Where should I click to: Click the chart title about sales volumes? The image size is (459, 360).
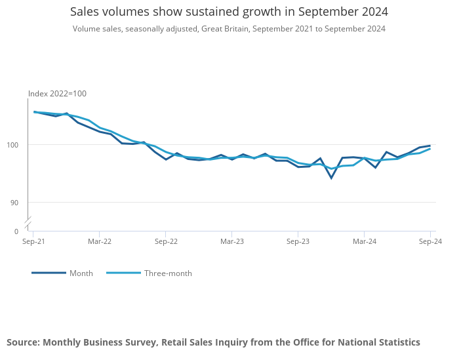point(229,12)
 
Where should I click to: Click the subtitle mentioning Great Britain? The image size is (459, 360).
point(229,29)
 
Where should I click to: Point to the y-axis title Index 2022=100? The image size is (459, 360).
point(57,94)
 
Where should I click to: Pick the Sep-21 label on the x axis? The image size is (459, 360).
point(33,242)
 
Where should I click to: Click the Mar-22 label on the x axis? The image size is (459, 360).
point(99,242)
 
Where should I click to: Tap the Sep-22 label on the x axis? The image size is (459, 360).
point(166,242)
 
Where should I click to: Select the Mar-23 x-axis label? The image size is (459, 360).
point(232,242)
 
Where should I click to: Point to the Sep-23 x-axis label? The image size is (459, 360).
point(298,242)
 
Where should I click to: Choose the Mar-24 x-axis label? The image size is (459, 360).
point(365,242)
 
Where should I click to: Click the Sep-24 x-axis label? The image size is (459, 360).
point(429,242)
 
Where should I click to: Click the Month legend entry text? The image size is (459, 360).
point(81,273)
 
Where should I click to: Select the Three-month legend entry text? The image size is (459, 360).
point(168,273)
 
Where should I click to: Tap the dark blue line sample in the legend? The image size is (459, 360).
point(49,273)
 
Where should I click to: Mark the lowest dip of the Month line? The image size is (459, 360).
point(331,178)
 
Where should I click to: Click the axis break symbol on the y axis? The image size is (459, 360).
point(28,222)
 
